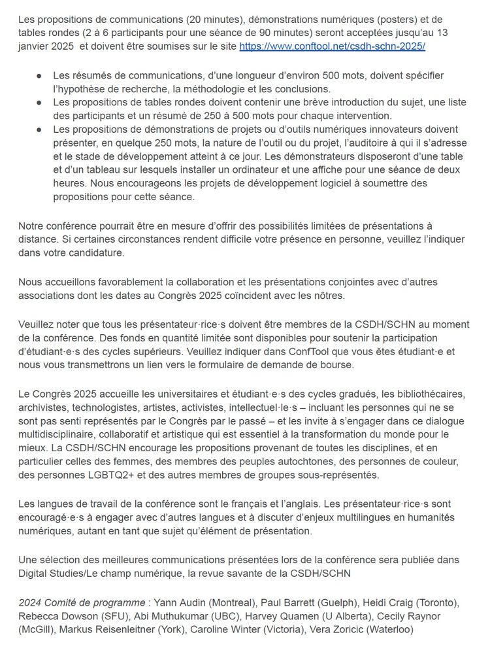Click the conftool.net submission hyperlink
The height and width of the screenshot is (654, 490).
[333, 47]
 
